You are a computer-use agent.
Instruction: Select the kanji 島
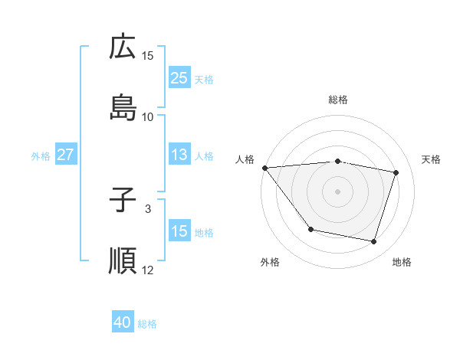[x=123, y=107]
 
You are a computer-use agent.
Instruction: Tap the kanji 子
[x=123, y=201]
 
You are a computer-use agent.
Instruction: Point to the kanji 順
[x=123, y=260]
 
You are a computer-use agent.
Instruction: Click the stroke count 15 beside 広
[x=148, y=56]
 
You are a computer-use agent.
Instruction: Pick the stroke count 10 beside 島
[x=148, y=116]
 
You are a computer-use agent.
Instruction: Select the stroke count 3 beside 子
[x=148, y=208]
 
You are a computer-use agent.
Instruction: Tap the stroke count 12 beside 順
[x=148, y=270]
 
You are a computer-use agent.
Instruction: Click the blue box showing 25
[x=179, y=78]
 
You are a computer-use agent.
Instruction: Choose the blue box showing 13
[x=179, y=155]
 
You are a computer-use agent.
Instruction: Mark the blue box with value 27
[x=66, y=155]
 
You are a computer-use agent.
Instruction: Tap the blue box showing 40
[x=123, y=323]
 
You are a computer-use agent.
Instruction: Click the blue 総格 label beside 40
[x=147, y=324]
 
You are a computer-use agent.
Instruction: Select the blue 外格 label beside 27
[x=41, y=155]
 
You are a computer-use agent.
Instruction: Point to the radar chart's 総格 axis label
[x=337, y=100]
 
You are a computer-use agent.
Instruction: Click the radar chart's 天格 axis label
[x=431, y=159]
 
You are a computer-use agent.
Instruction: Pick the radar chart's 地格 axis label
[x=402, y=262]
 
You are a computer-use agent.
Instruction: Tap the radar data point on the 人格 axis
[x=264, y=168]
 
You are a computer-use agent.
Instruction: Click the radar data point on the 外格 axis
[x=310, y=229]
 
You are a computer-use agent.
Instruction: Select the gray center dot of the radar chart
[x=337, y=191]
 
